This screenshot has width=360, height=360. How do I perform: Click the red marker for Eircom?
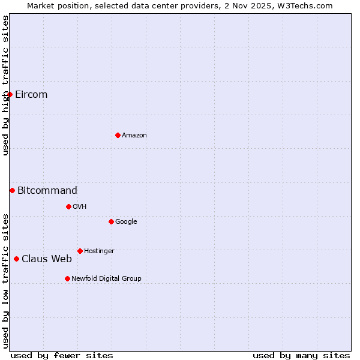coord(10,94)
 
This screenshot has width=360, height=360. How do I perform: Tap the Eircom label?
coord(31,95)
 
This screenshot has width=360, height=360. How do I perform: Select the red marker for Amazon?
coord(118,135)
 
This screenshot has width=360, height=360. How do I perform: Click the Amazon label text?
coord(134,136)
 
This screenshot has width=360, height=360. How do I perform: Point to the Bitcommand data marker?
coord(12,190)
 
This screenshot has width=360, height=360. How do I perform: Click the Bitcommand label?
coord(47,191)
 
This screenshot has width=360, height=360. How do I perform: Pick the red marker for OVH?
coord(68,206)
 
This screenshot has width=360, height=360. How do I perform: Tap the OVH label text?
coord(80,207)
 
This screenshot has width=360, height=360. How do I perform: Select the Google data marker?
coord(111,221)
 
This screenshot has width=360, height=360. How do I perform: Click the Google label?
coord(126,222)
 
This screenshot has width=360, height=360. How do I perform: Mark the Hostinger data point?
coord(80,251)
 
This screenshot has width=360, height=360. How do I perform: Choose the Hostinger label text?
coord(99,251)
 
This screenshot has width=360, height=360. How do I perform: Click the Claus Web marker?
coord(16,259)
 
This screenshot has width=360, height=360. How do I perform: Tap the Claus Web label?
coord(47,259)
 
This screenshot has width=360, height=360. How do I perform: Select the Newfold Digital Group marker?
coord(67,278)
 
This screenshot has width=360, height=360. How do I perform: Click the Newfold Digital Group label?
coord(106,279)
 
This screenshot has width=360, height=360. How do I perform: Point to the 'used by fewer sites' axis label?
coord(62,356)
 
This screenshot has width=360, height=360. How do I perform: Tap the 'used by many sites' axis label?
coord(301,356)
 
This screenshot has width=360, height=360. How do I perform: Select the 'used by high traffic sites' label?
coord(5,85)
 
